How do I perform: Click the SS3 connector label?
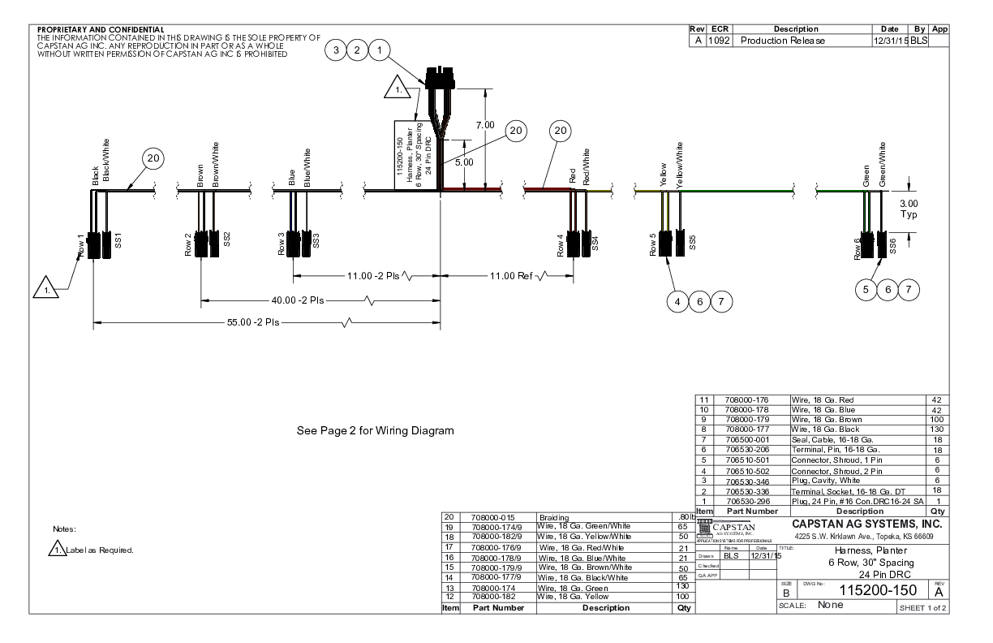pyautogui.click(x=316, y=240)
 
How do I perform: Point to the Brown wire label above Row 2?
pyautogui.click(x=200, y=176)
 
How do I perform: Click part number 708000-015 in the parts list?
pyautogui.click(x=493, y=516)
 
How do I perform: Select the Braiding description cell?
pyautogui.click(x=556, y=516)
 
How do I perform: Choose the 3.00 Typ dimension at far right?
pyautogui.click(x=909, y=209)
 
